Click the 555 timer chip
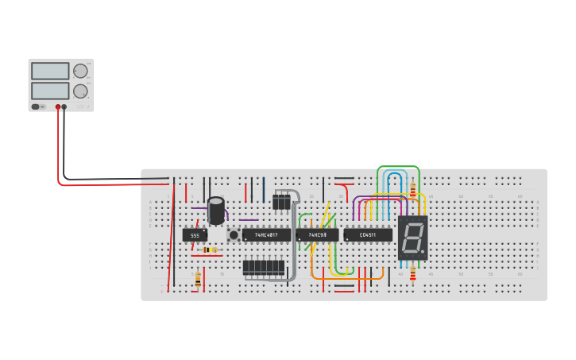pyautogui.click(x=195, y=235)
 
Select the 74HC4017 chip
pyautogui.click(x=266, y=235)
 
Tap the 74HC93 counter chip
pyautogui.click(x=317, y=235)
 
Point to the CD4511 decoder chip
pyautogui.click(x=368, y=235)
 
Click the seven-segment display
pyautogui.click(x=412, y=238)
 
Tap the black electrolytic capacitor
pyautogui.click(x=216, y=211)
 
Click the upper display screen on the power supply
pyautogui.click(x=50, y=71)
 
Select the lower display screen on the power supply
pyautogui.click(x=50, y=91)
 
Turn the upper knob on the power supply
pyautogui.click(x=80, y=71)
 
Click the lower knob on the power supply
pyautogui.click(x=80, y=91)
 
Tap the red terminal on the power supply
pyautogui.click(x=58, y=106)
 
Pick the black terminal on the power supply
pyautogui.click(x=64, y=106)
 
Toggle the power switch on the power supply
pyautogui.click(x=36, y=106)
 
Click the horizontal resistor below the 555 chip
pyautogui.click(x=210, y=250)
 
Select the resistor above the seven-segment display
pyautogui.click(x=412, y=189)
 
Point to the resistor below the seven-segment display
pyautogui.click(x=412, y=274)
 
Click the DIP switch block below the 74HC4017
pyautogui.click(x=264, y=268)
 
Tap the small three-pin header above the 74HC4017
pyautogui.click(x=281, y=202)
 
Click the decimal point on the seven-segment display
pyautogui.click(x=423, y=254)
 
